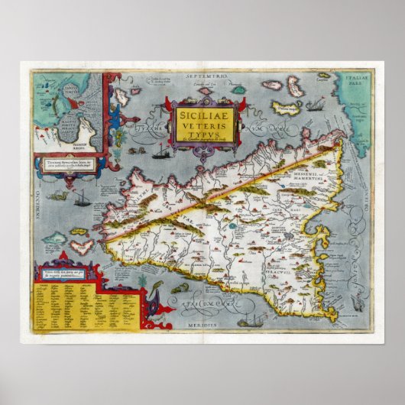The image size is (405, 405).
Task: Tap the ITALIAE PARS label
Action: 358,82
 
